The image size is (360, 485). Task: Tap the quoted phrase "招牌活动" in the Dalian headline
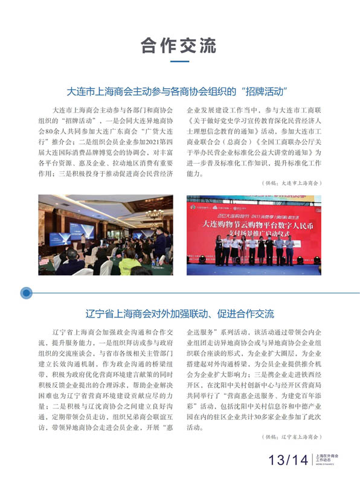click(x=263, y=92)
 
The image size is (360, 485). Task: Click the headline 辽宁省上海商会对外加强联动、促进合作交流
click(x=179, y=314)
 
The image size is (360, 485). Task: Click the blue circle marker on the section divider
click(x=26, y=294)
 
